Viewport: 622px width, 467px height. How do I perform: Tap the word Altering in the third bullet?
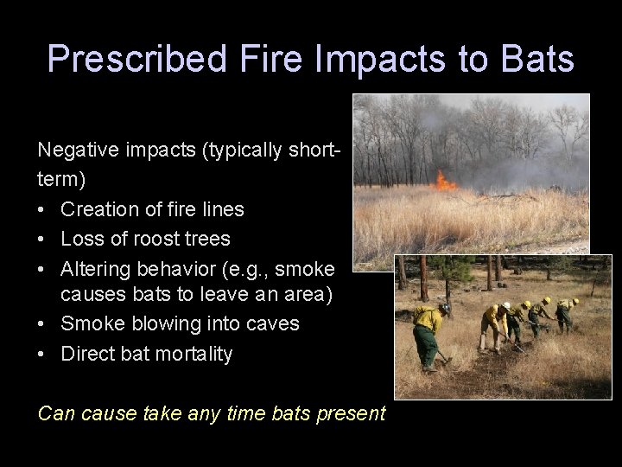[91, 267]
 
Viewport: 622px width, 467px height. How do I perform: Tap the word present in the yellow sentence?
[351, 413]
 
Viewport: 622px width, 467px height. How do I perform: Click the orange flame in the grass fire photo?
[446, 182]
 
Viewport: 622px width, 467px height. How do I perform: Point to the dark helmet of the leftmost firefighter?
[444, 308]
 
